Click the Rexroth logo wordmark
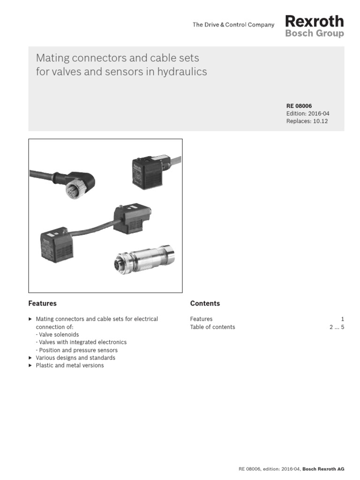click(x=314, y=21)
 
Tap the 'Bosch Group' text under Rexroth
click(x=314, y=34)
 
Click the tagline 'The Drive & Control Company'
click(x=233, y=25)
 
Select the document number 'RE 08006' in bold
click(x=299, y=106)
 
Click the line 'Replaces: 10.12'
click(x=307, y=121)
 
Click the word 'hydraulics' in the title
click(x=182, y=72)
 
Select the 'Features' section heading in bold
click(x=42, y=303)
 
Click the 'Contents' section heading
click(x=205, y=303)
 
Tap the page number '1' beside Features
click(x=342, y=319)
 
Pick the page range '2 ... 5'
click(x=337, y=327)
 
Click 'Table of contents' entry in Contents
click(x=212, y=327)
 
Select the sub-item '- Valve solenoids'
click(x=57, y=335)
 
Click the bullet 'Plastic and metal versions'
click(x=70, y=365)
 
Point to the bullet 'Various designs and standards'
click(x=75, y=358)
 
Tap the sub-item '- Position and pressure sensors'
click(x=76, y=350)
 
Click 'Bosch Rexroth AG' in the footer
click(x=323, y=469)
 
